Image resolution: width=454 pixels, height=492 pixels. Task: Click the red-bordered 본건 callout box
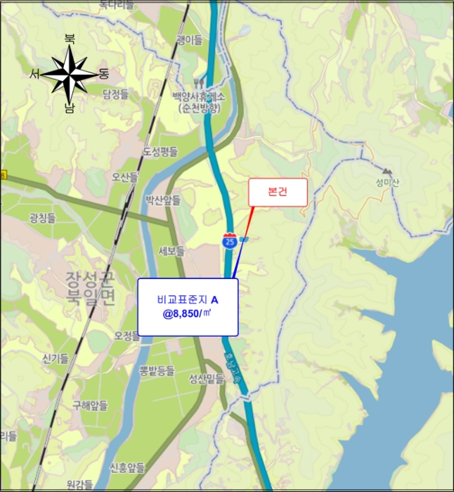coord(278,192)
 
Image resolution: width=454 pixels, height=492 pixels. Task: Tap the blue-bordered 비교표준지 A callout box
coord(187,306)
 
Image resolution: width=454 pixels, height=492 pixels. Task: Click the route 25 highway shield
coord(229,241)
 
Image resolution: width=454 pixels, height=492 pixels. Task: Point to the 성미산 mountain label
coord(387,179)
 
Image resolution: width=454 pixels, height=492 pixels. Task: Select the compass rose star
coord(70,73)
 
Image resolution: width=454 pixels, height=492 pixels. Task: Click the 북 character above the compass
coord(70,39)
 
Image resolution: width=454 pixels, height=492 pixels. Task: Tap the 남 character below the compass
coord(70,108)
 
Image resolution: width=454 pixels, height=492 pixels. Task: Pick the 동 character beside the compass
coord(104,73)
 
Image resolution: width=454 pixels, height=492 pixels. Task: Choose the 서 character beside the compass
coord(35,73)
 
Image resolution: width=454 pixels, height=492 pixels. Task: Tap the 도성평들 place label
coord(160,151)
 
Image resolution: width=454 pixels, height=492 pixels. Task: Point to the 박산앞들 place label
coord(162,200)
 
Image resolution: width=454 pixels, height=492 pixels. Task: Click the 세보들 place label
coord(171,251)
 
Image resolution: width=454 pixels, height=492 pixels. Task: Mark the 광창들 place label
coord(41,219)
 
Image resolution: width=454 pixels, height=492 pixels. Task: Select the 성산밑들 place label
coord(205,380)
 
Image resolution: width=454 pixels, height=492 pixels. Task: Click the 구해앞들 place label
coord(90,406)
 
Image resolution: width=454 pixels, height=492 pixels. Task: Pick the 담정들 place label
coord(115,93)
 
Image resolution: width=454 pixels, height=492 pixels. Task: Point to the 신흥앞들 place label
coord(127,467)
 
